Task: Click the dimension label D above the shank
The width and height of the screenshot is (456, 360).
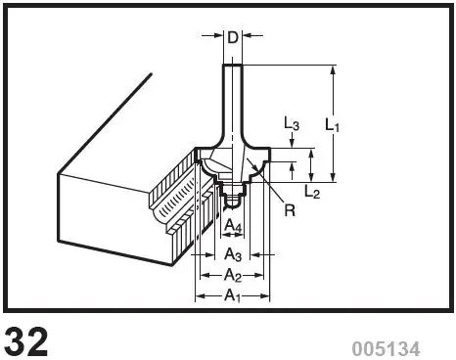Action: point(232,38)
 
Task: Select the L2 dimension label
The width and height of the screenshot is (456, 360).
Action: point(312,191)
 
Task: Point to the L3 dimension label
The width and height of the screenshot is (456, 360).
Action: point(292,124)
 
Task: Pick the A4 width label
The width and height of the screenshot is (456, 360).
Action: point(232,227)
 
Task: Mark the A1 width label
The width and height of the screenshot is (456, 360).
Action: point(233,294)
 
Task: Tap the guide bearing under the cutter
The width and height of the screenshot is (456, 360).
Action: point(232,199)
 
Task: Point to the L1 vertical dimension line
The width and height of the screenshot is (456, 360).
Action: point(336,98)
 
